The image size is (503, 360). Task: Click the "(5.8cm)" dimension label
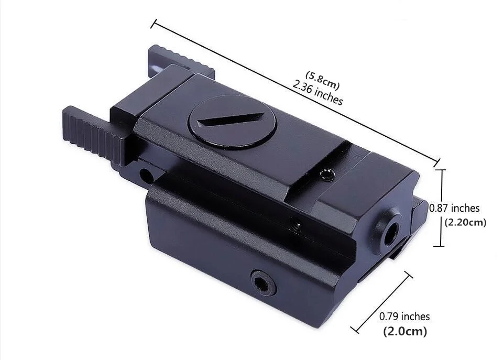click(x=322, y=80)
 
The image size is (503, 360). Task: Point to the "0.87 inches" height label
click(x=454, y=208)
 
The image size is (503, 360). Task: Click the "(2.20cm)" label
click(x=465, y=222)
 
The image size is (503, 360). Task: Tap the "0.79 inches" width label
click(x=404, y=317)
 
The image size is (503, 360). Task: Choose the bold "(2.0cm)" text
click(x=405, y=331)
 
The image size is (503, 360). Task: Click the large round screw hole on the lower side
click(x=264, y=282)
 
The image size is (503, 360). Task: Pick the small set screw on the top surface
click(x=328, y=175)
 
